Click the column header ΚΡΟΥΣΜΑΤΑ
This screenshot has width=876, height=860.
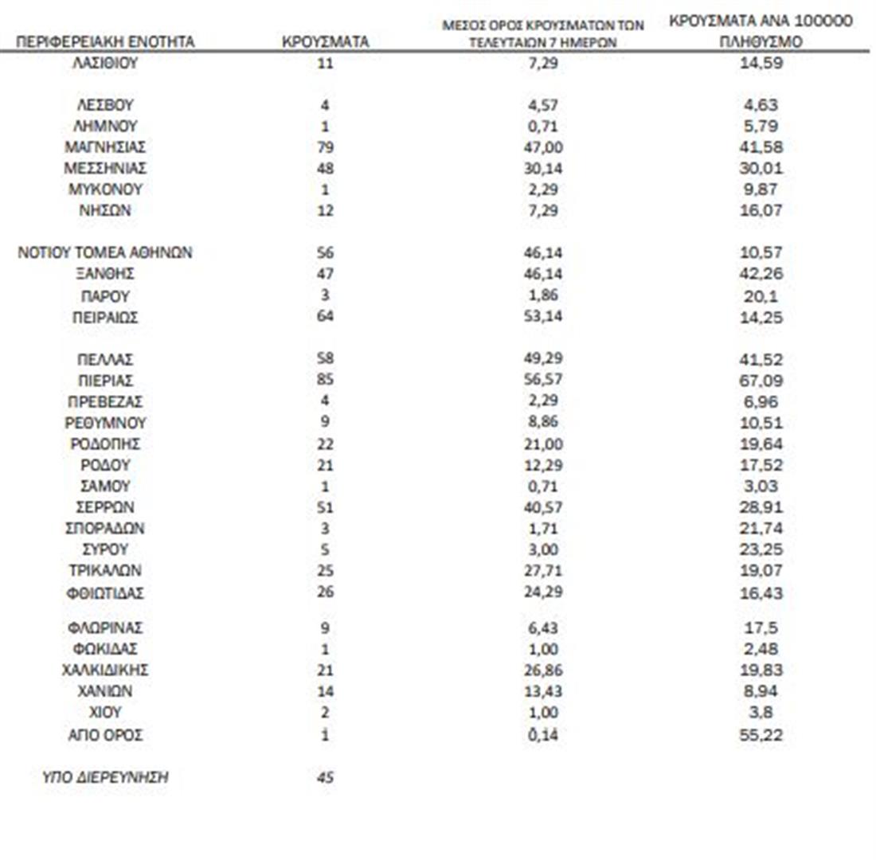[x=325, y=41]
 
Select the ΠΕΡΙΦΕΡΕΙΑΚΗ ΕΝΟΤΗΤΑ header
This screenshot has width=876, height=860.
[x=105, y=41]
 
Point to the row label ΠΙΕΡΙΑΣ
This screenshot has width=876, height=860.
[x=105, y=381]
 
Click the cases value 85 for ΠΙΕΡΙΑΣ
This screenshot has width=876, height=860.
[x=325, y=381]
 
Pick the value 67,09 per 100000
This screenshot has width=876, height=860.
[x=761, y=381]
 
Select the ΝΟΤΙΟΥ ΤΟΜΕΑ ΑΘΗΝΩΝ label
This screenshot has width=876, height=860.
[x=105, y=253]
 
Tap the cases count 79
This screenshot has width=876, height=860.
[x=325, y=147]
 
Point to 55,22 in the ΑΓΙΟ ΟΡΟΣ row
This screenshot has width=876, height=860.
[x=761, y=734]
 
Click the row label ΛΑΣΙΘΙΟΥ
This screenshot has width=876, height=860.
[x=105, y=63]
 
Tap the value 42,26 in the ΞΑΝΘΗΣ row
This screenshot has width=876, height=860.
[x=761, y=274]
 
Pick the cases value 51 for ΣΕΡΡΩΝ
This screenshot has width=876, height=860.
[x=325, y=507]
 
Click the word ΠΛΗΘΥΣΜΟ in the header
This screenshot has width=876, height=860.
[x=761, y=42]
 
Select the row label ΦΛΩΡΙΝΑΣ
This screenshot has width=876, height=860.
[x=105, y=628]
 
